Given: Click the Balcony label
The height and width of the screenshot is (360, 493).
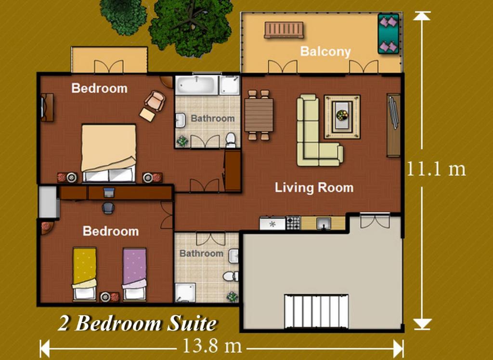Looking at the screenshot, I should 325,51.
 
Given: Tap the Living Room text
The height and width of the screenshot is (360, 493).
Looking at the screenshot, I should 314,187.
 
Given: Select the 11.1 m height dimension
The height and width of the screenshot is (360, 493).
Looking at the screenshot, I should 436,169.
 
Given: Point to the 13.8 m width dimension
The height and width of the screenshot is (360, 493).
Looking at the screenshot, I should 212,346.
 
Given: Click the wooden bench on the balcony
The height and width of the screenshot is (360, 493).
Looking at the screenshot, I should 284,30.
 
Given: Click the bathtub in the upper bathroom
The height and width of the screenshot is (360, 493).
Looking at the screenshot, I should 196,85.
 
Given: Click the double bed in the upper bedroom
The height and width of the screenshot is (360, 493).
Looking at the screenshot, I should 108,153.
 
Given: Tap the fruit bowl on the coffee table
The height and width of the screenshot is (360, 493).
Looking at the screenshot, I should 342,116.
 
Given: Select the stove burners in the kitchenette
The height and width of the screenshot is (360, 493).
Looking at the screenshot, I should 293,223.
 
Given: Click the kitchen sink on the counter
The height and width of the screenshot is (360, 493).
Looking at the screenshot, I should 324,223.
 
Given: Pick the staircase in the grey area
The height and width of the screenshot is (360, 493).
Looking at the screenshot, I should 317,311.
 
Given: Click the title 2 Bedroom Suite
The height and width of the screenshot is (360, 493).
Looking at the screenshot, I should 137,323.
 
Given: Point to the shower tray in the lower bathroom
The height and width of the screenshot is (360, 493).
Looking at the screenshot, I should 184,293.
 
